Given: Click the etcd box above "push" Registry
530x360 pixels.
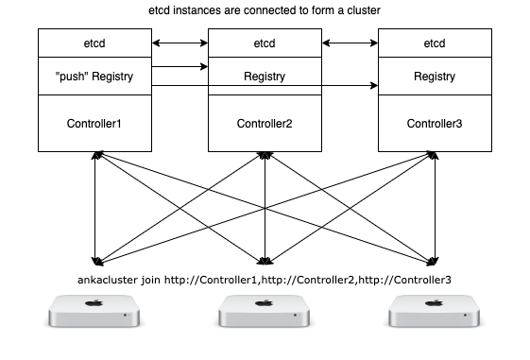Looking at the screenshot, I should [94, 43].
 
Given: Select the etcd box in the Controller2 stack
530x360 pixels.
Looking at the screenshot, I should [265, 43].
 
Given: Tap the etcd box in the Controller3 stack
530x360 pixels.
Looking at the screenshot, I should [435, 43].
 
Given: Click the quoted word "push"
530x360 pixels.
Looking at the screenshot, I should [71, 77].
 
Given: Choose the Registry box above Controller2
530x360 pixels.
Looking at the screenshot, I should [265, 76].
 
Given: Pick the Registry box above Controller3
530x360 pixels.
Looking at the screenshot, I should [435, 77].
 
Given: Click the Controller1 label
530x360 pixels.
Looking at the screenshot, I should [94, 124].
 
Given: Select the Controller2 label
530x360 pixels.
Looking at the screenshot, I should [265, 124].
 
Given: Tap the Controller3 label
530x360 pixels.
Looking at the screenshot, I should [435, 124].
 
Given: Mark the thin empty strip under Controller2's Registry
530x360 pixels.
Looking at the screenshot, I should [265, 91].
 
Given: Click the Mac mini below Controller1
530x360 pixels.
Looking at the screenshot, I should [94, 311].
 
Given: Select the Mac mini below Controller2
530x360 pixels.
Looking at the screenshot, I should [265, 311].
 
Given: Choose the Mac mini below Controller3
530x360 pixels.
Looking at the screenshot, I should [435, 311].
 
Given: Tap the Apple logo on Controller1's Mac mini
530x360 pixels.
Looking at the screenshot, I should [94, 303].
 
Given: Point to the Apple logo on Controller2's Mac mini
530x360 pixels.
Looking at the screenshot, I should [264, 303].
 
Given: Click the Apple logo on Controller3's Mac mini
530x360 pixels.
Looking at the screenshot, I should [434, 303].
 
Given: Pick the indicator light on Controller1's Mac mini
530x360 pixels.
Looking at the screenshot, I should [126, 316].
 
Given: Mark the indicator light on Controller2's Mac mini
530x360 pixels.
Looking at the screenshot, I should [296, 316].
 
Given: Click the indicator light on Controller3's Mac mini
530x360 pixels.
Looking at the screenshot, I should [466, 316].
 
